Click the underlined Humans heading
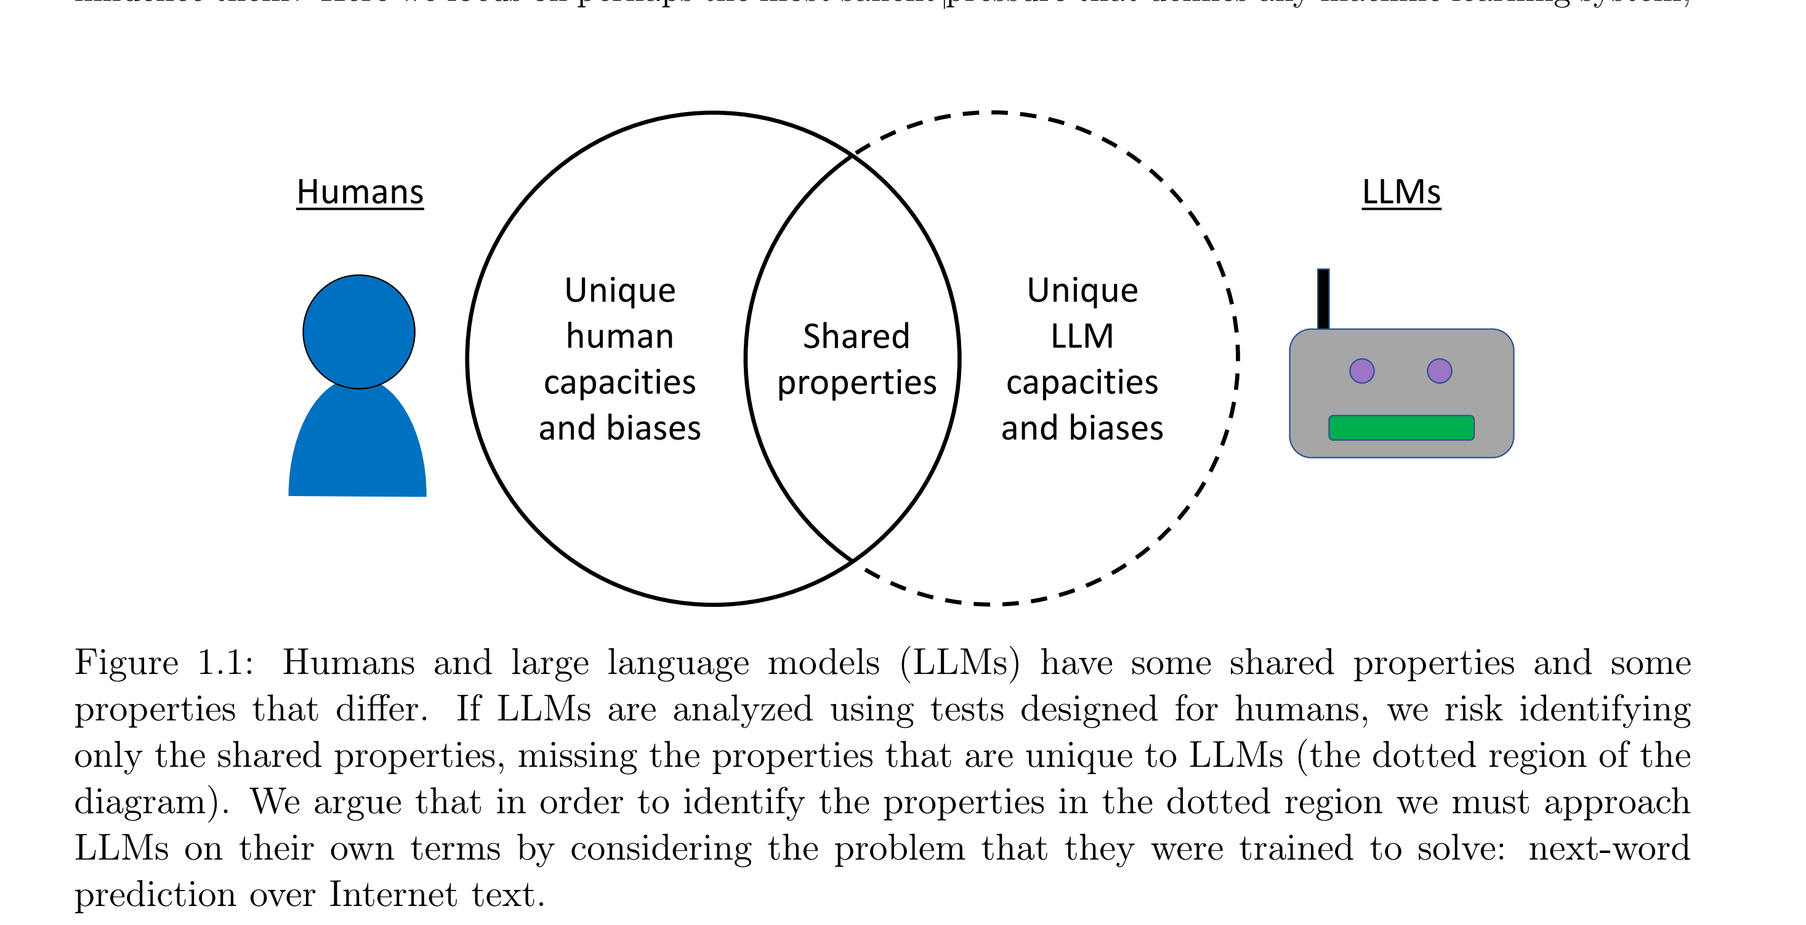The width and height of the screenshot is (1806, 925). coord(360,192)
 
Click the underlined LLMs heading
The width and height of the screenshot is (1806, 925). coord(1401,192)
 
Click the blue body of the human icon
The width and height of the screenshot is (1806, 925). coord(358,449)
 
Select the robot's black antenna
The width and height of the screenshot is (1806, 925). coord(1323,298)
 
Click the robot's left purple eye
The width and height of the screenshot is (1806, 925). coord(1361,370)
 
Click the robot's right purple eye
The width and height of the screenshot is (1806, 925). coord(1440,370)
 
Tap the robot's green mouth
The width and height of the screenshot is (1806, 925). coord(1401,428)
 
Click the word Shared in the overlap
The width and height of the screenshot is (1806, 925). coord(856,337)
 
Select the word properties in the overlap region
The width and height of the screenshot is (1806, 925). coord(857,383)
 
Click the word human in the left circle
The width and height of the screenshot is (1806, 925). coord(620,337)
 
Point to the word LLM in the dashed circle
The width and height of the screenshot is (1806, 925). coord(1082,337)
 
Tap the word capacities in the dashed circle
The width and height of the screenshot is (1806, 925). coord(1082,383)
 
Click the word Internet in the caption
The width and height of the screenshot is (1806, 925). coord(393,895)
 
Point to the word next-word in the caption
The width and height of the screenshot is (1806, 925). coord(1609,849)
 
